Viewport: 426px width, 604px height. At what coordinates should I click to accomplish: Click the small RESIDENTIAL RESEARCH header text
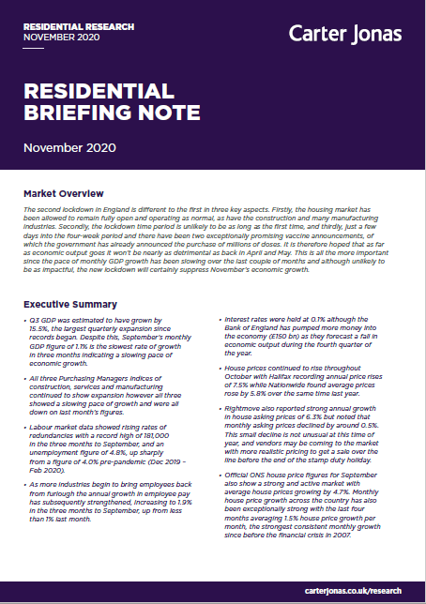tap(63, 26)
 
